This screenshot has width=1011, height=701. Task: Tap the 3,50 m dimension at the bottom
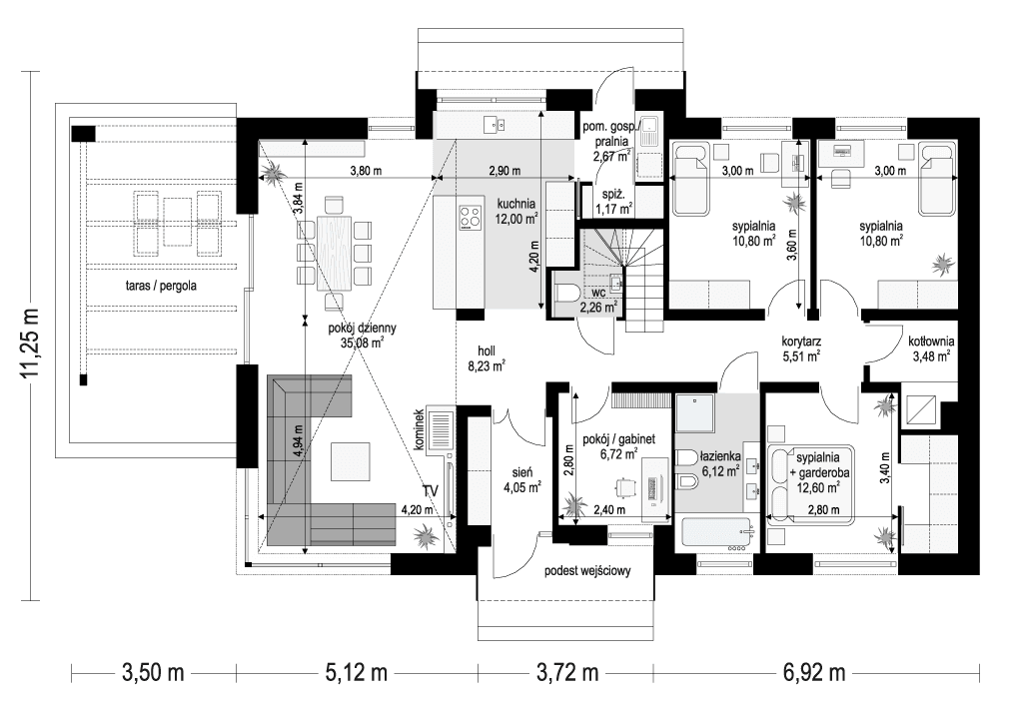[x=155, y=672]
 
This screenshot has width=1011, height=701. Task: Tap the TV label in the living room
[x=431, y=490]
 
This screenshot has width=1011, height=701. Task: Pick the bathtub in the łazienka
[x=717, y=534]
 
